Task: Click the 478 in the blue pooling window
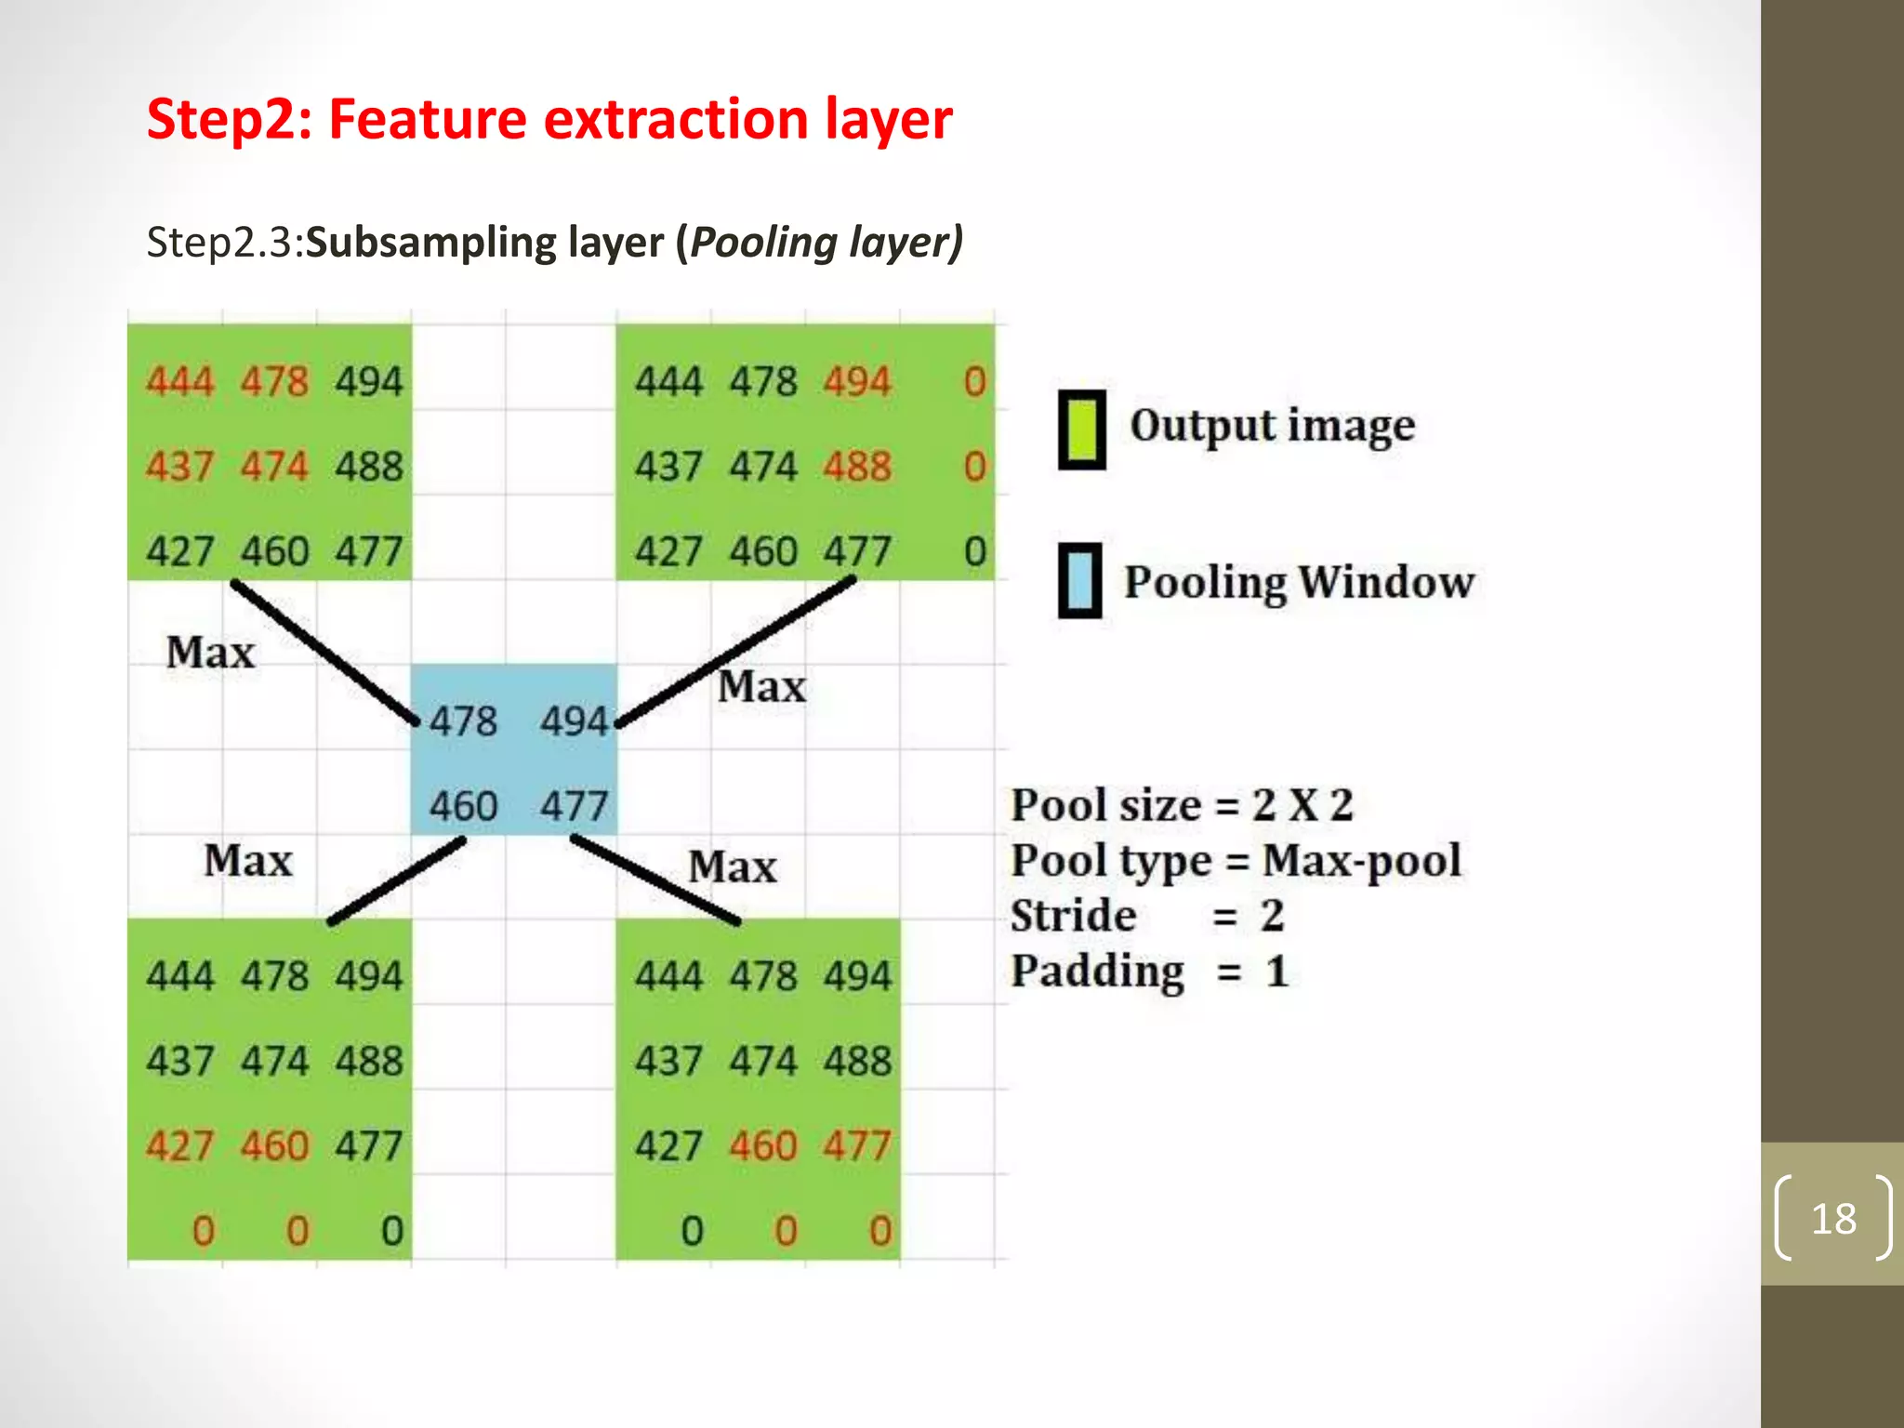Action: click(x=463, y=721)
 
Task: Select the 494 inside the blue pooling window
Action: click(x=575, y=721)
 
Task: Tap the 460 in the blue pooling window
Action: click(x=463, y=805)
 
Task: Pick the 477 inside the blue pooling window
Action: click(x=575, y=805)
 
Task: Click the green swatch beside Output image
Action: click(x=1082, y=429)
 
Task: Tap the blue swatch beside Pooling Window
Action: click(x=1080, y=581)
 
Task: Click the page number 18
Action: click(x=1833, y=1219)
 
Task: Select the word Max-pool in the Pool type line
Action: click(x=1362, y=861)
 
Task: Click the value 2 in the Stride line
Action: click(x=1273, y=917)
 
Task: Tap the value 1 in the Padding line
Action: click(x=1276, y=972)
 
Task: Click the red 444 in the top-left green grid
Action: click(x=180, y=382)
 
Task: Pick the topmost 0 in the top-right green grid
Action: click(x=974, y=382)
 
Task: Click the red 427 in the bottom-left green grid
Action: click(x=180, y=1146)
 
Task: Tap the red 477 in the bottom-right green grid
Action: click(x=857, y=1146)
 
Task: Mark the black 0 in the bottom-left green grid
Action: click(x=392, y=1232)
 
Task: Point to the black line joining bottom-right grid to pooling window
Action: click(x=656, y=879)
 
